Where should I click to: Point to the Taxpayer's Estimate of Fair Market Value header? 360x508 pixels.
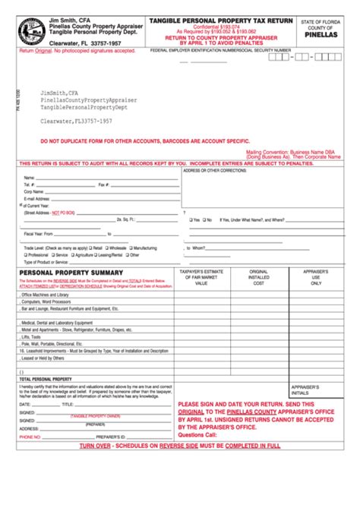pyautogui.click(x=201, y=277)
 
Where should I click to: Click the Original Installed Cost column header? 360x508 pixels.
pyautogui.click(x=259, y=277)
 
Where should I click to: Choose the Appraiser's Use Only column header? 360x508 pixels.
pyautogui.click(x=315, y=277)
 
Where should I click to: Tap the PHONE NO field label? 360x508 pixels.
pyautogui.click(x=30, y=437)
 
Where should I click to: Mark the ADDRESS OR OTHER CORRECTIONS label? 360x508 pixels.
pyautogui.click(x=215, y=170)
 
